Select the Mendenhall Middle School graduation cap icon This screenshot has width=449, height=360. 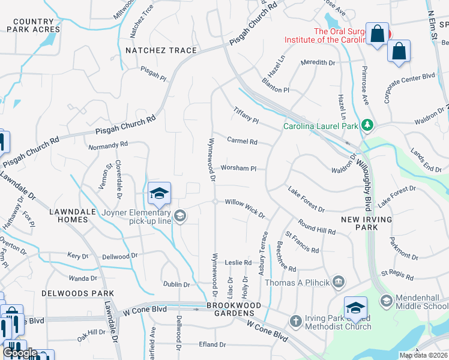pyautogui.click(x=386, y=300)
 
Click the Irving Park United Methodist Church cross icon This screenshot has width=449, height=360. pyautogui.click(x=295, y=321)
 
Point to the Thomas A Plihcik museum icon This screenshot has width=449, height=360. pyautogui.click(x=338, y=281)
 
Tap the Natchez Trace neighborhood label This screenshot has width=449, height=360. pyautogui.click(x=161, y=50)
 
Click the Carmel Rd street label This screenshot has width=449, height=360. pyautogui.click(x=243, y=142)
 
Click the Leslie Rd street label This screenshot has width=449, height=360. pyautogui.click(x=238, y=263)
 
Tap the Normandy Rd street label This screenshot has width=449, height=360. pyautogui.click(x=108, y=145)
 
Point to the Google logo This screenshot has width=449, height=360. pyautogui.click(x=20, y=352)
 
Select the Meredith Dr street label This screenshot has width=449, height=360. pyautogui.click(x=318, y=62)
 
